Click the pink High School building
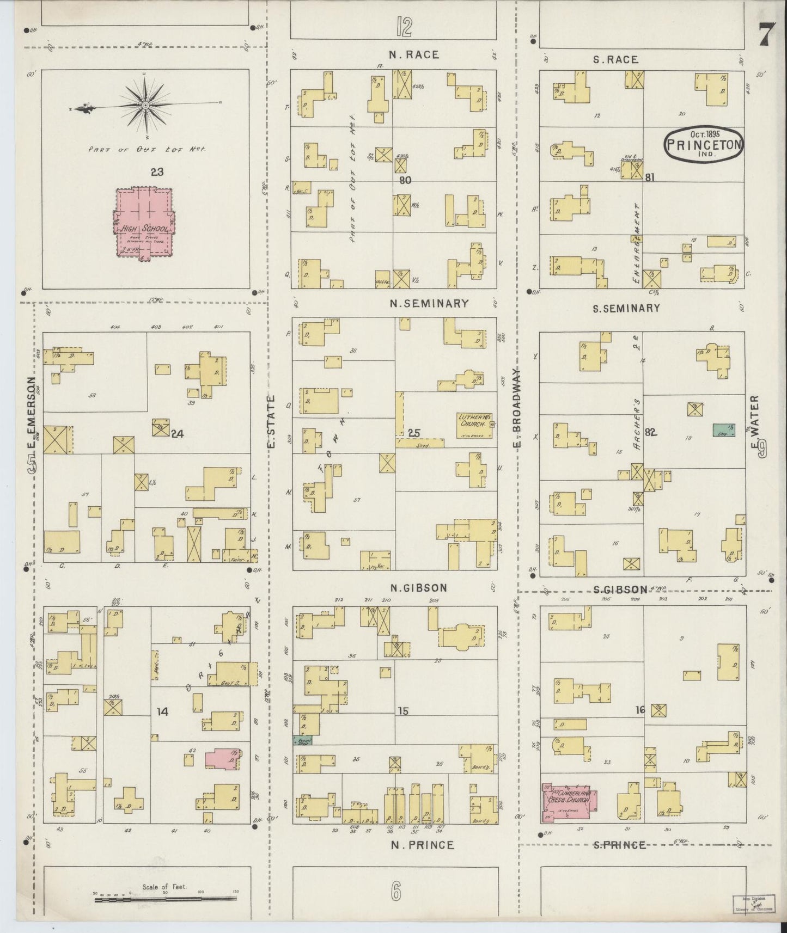(144, 222)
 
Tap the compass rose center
(145, 104)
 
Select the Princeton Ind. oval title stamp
(703, 144)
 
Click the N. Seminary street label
(429, 304)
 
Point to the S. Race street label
(615, 60)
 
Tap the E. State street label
(271, 422)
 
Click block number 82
(650, 432)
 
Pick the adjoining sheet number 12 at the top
(404, 26)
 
